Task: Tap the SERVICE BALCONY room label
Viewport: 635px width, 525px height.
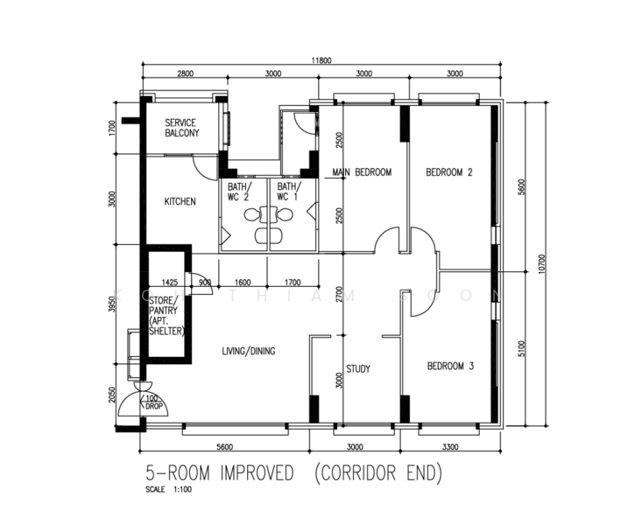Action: (181, 128)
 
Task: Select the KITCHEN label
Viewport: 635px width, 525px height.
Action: (180, 201)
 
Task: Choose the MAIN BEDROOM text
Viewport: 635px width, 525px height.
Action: (362, 172)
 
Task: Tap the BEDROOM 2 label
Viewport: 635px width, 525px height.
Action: (448, 172)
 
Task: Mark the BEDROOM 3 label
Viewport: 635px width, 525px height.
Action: (449, 367)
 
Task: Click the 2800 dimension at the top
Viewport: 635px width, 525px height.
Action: (185, 74)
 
